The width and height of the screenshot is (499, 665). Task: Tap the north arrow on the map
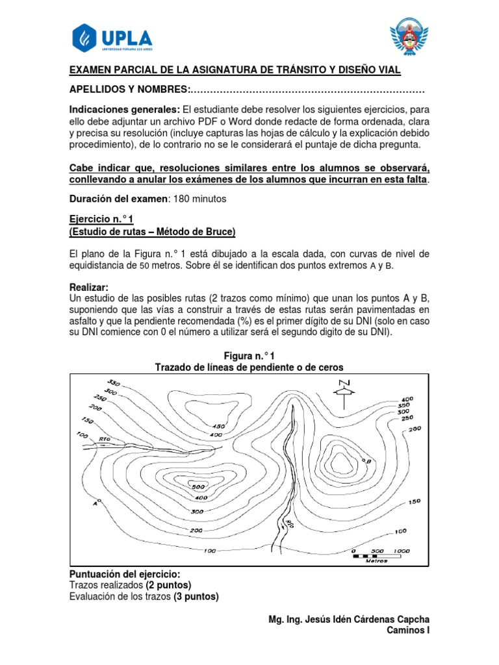pyautogui.click(x=344, y=389)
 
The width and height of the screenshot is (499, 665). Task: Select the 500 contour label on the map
pyautogui.click(x=198, y=486)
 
